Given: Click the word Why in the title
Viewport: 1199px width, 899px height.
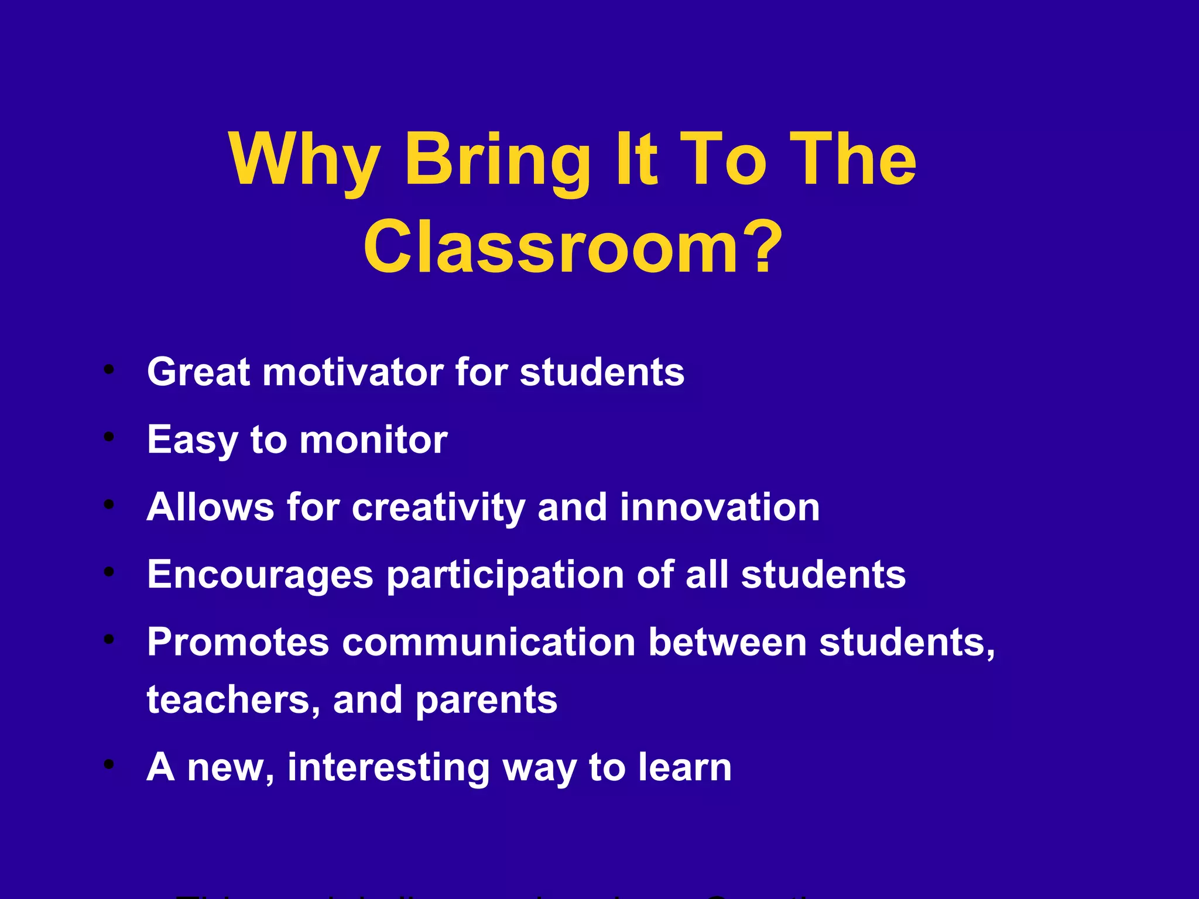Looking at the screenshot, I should pos(304,159).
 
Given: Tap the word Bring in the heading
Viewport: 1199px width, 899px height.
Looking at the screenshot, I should pos(497,159).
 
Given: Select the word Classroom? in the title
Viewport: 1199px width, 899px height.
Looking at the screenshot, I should pos(573,247).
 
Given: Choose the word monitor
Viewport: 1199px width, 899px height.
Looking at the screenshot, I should pos(374,440).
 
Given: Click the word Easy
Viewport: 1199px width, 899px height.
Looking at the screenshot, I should pos(192,440).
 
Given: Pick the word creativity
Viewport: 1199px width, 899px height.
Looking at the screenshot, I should pos(439,507).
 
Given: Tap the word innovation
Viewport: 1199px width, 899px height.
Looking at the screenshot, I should pos(720,507).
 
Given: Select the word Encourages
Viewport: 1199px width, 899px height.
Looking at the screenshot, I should pos(260,574).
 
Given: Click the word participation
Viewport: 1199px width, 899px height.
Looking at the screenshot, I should pos(505,575).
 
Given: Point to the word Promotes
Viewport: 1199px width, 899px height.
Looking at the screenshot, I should pos(238,642).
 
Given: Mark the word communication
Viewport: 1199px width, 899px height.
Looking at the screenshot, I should pos(489,642).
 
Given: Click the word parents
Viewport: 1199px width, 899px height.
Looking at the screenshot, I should pos(487,700).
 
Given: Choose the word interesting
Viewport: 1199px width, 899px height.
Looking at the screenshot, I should pos(389,767).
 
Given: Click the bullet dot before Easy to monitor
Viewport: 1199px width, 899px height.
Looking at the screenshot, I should pos(108,437).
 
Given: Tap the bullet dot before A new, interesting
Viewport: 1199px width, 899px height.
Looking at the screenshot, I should pos(108,764).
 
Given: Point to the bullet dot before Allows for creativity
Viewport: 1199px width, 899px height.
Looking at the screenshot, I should pos(108,503).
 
